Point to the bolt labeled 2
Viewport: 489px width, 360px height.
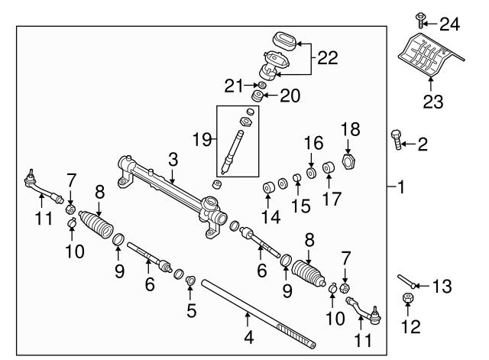(396, 141)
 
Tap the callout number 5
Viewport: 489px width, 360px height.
(191, 310)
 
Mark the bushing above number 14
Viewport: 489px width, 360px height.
(269, 188)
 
